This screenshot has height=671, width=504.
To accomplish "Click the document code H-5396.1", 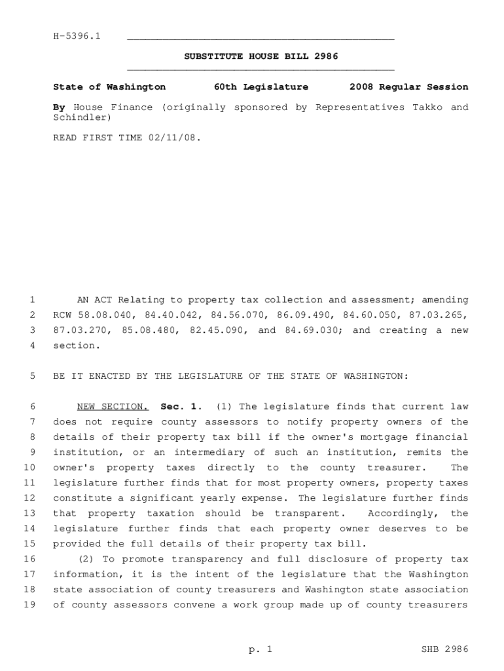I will coord(77,35).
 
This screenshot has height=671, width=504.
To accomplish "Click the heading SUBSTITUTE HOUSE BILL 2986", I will coord(261,56).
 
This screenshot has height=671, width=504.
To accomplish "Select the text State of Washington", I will coord(109,86).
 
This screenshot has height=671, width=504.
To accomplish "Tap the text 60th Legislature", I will coord(261,86).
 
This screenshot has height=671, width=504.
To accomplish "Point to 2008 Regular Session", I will coord(408,86).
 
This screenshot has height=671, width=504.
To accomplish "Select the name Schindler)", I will coord(82,117).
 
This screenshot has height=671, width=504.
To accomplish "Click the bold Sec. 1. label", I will coord(178,407).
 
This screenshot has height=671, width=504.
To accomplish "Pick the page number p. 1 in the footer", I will coord(260,649).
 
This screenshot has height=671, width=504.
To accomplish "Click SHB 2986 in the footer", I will coord(446,649).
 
